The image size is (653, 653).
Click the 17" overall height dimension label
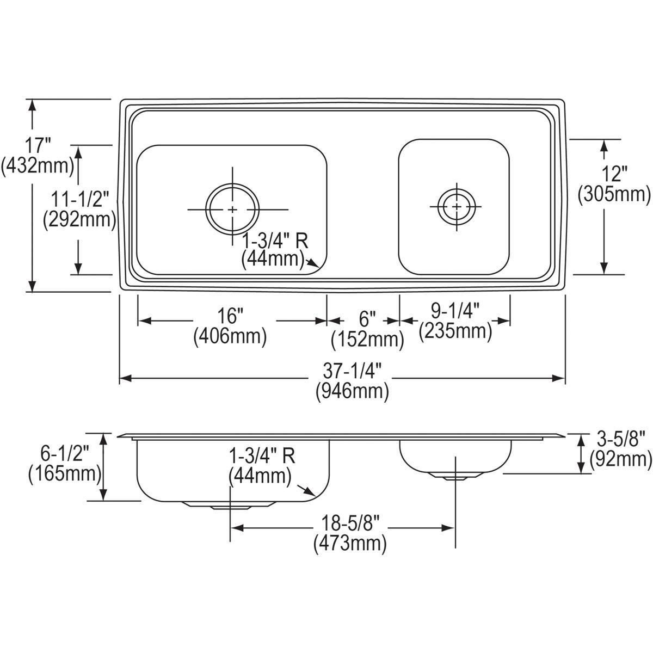coord(38,146)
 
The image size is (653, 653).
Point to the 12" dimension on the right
coord(614,174)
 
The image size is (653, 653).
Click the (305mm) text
coord(614,193)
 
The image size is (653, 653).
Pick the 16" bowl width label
coord(230,316)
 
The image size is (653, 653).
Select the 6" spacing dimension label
coord(368,318)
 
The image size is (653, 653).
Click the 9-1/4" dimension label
coord(455,311)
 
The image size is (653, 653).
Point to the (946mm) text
coord(353,391)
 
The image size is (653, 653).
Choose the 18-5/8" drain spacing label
coord(350,523)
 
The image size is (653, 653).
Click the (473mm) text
coord(350,543)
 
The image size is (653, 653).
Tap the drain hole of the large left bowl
coord(232,209)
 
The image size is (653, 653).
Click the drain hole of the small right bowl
coord(455,207)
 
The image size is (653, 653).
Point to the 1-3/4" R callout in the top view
coord(279,240)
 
